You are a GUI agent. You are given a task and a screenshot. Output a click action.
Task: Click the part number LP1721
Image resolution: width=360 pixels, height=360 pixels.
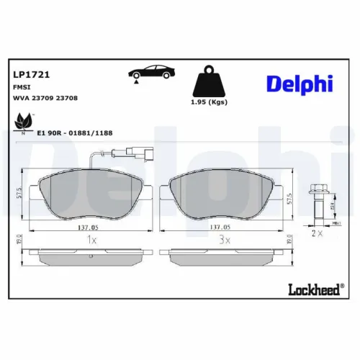click(x=30, y=73)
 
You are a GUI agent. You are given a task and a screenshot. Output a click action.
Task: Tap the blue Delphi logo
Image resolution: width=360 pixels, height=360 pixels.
click(x=300, y=84)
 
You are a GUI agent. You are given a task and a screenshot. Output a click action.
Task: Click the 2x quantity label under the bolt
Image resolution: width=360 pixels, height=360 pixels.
click(x=315, y=234)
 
